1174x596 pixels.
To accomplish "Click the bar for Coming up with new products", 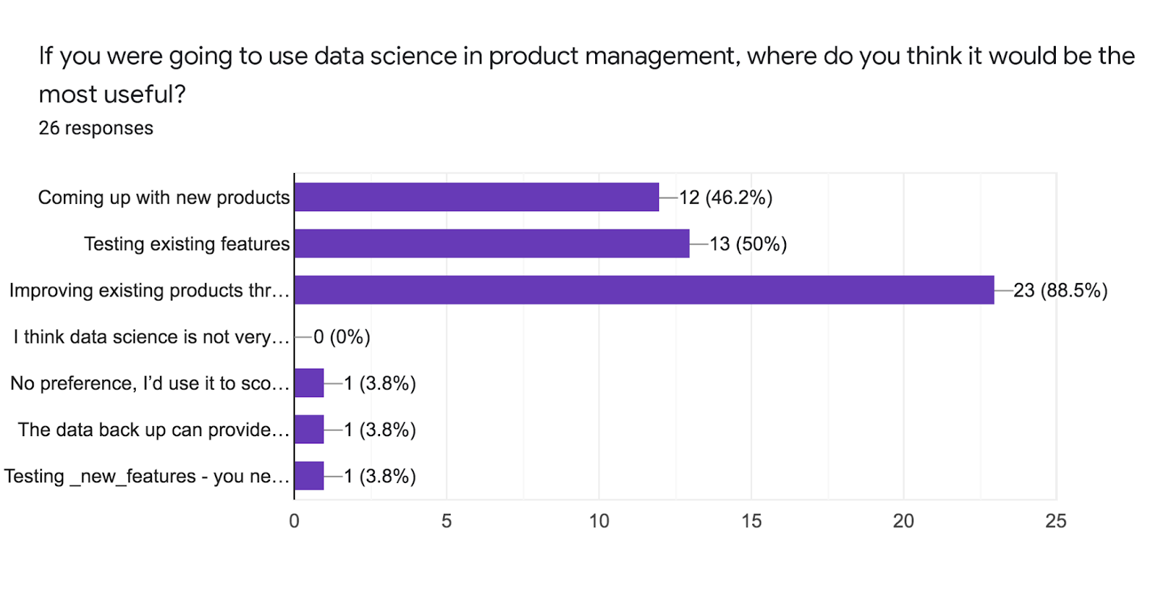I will click(x=476, y=197).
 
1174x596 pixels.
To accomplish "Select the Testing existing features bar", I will click(x=492, y=243).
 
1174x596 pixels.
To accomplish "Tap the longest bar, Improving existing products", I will click(x=643, y=290).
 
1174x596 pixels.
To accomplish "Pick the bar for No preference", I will click(x=309, y=383).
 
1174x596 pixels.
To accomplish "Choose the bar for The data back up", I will click(x=309, y=430).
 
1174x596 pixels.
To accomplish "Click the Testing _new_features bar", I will click(x=309, y=476).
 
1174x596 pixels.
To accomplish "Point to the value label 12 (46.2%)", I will click(x=725, y=198).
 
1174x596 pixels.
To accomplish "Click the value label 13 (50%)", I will click(x=748, y=244).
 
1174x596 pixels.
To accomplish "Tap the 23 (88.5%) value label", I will click(x=1060, y=291).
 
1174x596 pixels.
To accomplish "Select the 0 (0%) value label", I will click(x=341, y=337).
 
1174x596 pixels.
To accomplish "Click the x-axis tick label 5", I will click(x=446, y=521).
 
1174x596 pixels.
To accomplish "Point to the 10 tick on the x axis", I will click(x=599, y=521).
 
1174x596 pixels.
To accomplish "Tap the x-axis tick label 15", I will click(x=751, y=521).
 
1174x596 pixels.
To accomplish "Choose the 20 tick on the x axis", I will click(x=903, y=521).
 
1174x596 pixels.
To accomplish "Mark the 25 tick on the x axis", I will click(x=1055, y=521).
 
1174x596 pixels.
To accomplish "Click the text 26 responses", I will click(x=95, y=128).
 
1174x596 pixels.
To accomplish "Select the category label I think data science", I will click(x=151, y=337).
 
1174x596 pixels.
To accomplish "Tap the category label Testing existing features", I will click(x=186, y=244).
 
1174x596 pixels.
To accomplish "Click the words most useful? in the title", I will click(x=112, y=95).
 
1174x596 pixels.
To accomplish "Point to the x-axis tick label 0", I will click(x=294, y=521).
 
